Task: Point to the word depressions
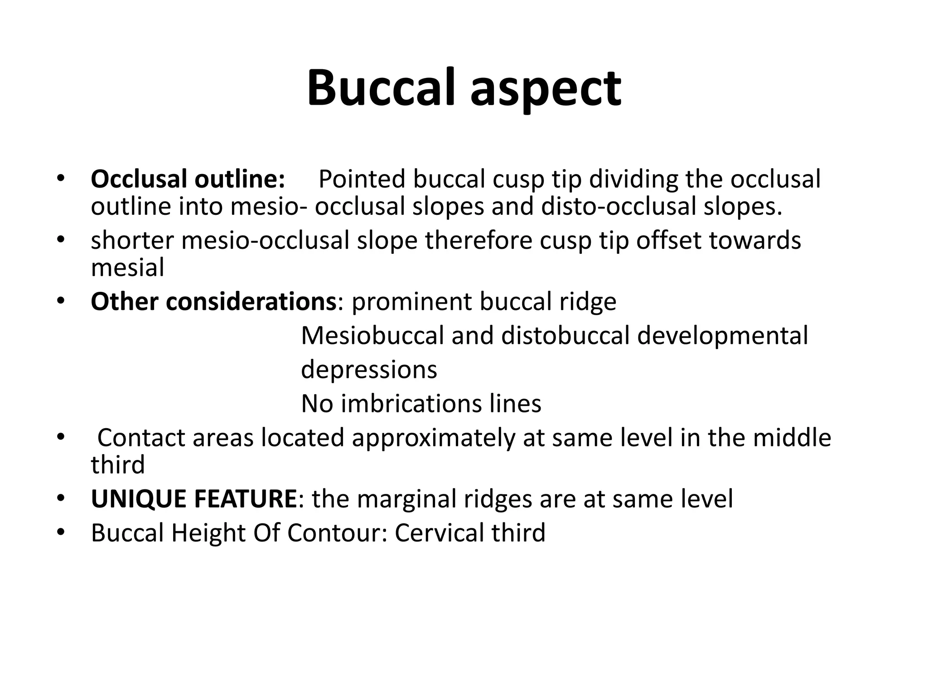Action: tap(369, 370)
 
